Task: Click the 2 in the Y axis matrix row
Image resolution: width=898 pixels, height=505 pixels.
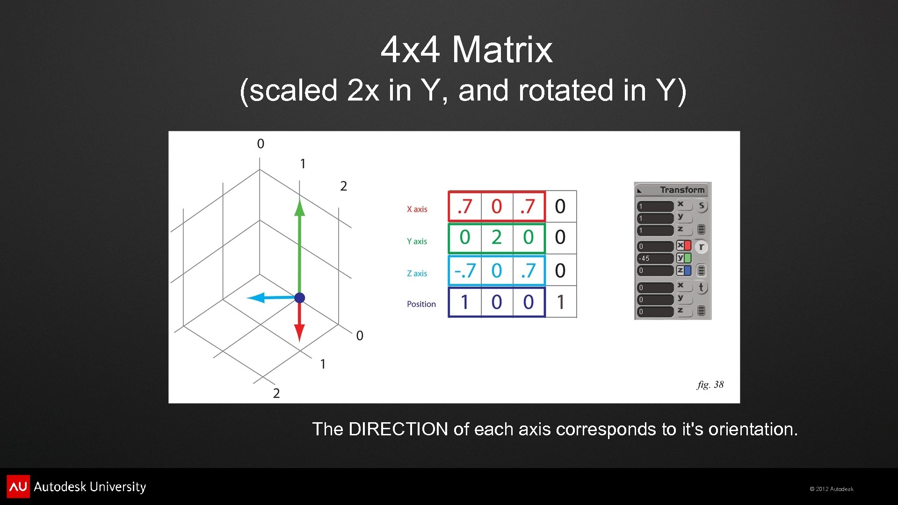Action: click(496, 238)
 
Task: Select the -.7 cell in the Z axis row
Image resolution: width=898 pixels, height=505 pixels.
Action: click(465, 271)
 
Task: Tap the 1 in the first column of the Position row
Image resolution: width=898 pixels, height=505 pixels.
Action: click(464, 302)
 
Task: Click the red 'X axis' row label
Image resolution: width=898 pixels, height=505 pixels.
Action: click(417, 209)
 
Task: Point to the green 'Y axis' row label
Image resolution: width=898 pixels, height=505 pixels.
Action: click(417, 241)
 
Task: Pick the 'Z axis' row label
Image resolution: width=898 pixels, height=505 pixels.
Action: click(417, 274)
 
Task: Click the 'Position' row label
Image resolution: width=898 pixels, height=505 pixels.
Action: click(421, 304)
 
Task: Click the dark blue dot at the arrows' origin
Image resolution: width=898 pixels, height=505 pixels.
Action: click(300, 298)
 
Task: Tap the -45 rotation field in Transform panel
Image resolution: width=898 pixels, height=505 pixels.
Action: click(655, 259)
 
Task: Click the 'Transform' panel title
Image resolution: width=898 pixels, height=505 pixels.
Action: click(682, 190)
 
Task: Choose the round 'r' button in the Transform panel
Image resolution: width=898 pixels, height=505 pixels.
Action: click(701, 247)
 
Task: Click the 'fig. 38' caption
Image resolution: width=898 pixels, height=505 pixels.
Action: click(710, 384)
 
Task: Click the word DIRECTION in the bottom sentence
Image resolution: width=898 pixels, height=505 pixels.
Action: click(398, 429)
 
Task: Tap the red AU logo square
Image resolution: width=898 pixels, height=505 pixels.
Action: click(18, 486)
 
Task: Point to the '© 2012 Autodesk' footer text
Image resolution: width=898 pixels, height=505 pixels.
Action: click(832, 489)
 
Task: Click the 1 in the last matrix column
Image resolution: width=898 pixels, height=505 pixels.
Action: click(560, 302)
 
